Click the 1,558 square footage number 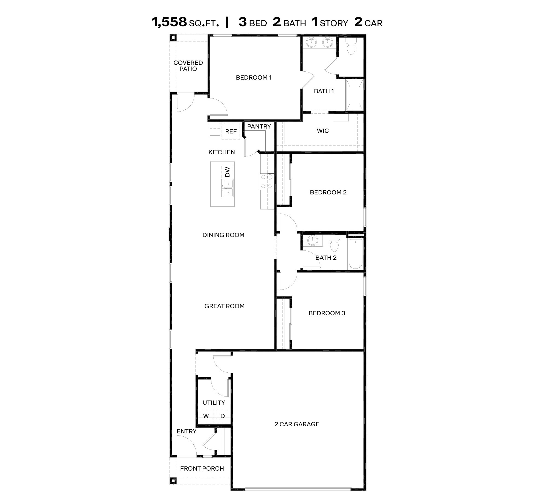pyautogui.click(x=169, y=22)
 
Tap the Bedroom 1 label pyautogui.click(x=254, y=78)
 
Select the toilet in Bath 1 pyautogui.click(x=351, y=47)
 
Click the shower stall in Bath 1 pyautogui.click(x=354, y=95)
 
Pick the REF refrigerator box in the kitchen pyautogui.click(x=231, y=132)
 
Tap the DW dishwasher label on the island pyautogui.click(x=227, y=172)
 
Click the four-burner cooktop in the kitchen pyautogui.click(x=267, y=181)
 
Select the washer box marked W pyautogui.click(x=206, y=416)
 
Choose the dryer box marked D pyautogui.click(x=223, y=416)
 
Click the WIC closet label pyautogui.click(x=323, y=131)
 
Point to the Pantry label pyautogui.click(x=259, y=127)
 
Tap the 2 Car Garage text pyautogui.click(x=297, y=424)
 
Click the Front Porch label pyautogui.click(x=202, y=468)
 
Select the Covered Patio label pyautogui.click(x=188, y=66)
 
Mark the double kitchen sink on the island pyautogui.click(x=228, y=188)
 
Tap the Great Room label pyautogui.click(x=224, y=306)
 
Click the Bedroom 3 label pyautogui.click(x=327, y=313)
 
